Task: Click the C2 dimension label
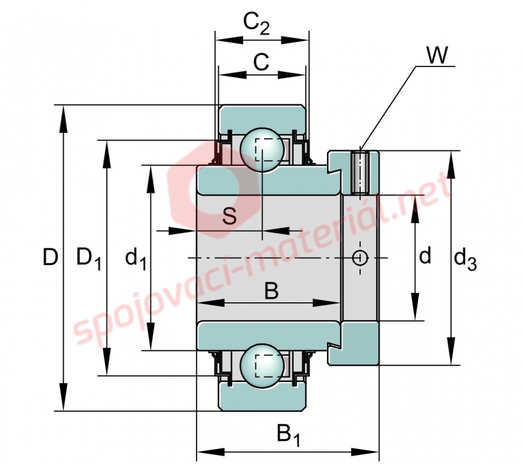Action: pyautogui.click(x=256, y=24)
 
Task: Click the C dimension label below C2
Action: pyautogui.click(x=261, y=62)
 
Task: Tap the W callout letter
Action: pyautogui.click(x=437, y=55)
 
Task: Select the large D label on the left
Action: pyautogui.click(x=51, y=257)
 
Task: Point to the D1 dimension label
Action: pyautogui.click(x=89, y=258)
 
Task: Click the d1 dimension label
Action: pyautogui.click(x=136, y=258)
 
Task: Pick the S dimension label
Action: pyautogui.click(x=229, y=216)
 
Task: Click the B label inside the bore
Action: pyautogui.click(x=271, y=290)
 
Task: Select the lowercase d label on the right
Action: pyautogui.click(x=425, y=256)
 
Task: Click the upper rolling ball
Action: pyautogui.click(x=262, y=149)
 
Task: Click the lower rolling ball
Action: pyautogui.click(x=262, y=366)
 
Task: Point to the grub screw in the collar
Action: pyautogui.click(x=360, y=172)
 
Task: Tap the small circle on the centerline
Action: pyautogui.click(x=360, y=258)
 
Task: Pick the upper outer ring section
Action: pyautogui.click(x=262, y=118)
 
